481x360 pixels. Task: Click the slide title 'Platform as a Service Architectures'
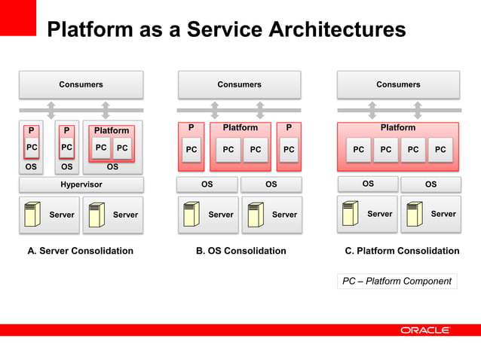coord(226,30)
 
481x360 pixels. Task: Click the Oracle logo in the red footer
coord(424,330)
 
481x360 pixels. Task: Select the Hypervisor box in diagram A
coord(81,185)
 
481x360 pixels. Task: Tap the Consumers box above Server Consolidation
coord(81,84)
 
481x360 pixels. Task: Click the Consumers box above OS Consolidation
coord(239,84)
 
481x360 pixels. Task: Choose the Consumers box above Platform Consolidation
coord(398,84)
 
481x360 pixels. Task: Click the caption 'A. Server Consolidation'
coord(81,251)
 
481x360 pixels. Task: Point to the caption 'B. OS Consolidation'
coord(240,251)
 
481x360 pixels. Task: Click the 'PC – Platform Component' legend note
coord(397,282)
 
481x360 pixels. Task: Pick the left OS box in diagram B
coord(207,184)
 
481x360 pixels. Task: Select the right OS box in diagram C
coord(430,184)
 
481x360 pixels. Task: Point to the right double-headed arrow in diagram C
coord(424,110)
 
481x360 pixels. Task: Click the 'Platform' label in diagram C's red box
coord(398,128)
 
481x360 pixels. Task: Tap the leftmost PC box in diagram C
coord(358,150)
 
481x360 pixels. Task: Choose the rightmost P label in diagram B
coord(288,128)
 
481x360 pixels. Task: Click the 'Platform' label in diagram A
coord(112,130)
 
